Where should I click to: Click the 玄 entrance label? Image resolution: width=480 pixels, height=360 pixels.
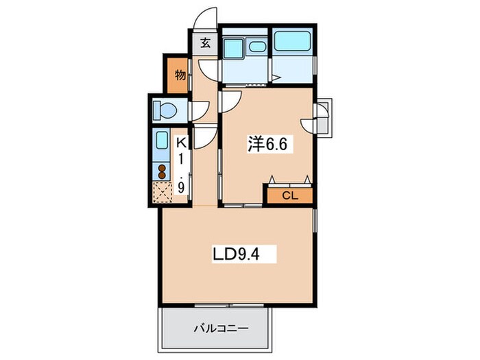click(206, 43)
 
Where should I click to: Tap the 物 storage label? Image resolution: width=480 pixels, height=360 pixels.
click(180, 75)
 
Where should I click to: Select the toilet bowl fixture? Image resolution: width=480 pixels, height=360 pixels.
click(165, 110)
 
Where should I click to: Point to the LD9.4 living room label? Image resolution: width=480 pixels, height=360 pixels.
click(237, 254)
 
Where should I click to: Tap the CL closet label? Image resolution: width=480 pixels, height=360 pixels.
click(289, 195)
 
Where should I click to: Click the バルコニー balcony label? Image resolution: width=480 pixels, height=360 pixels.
click(221, 328)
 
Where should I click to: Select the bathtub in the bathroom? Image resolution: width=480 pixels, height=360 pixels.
click(291, 41)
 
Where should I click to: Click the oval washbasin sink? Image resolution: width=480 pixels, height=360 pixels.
click(257, 47)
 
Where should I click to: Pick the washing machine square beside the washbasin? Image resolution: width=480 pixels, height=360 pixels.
click(233, 47)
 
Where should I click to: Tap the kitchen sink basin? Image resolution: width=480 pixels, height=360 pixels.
click(162, 141)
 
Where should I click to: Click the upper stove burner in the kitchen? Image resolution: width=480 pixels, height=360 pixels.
click(162, 169)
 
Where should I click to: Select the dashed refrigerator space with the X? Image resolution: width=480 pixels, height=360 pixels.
click(163, 192)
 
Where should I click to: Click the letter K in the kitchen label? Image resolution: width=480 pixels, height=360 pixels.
click(181, 143)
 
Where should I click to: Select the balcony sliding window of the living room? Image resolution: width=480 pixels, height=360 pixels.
click(229, 305)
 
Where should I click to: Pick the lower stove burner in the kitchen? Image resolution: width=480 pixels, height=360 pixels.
click(162, 176)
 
